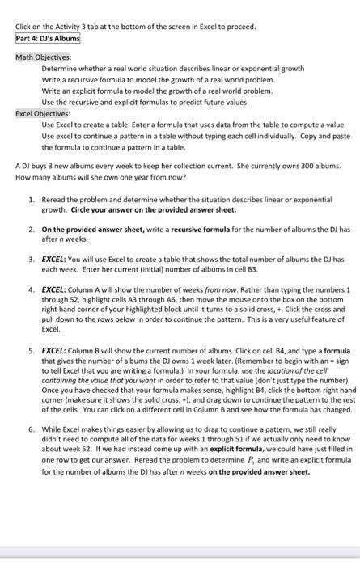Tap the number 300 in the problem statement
284,166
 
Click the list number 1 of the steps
31,199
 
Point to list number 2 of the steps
31,230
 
